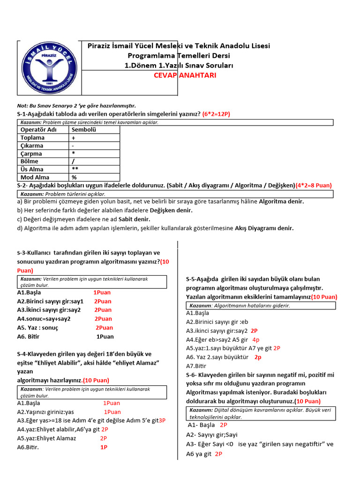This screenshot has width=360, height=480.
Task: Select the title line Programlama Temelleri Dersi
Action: [x=179, y=55]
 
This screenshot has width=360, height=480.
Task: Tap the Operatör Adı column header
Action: [x=37, y=130]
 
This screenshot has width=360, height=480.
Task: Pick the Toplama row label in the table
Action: [x=32, y=138]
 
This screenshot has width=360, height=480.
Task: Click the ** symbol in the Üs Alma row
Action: [x=75, y=169]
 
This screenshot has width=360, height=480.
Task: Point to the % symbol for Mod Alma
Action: [x=74, y=177]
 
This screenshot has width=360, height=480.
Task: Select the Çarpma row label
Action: [x=31, y=154]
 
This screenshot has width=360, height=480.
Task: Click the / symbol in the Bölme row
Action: [x=74, y=162]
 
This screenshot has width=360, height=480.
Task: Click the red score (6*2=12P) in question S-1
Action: [x=216, y=114]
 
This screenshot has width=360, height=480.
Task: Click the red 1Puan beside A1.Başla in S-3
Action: [x=102, y=292]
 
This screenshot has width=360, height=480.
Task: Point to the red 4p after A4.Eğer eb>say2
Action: [x=256, y=339]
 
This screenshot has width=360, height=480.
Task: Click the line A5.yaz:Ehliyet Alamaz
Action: [x=46, y=438]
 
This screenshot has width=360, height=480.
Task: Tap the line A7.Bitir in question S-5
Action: [x=196, y=366]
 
